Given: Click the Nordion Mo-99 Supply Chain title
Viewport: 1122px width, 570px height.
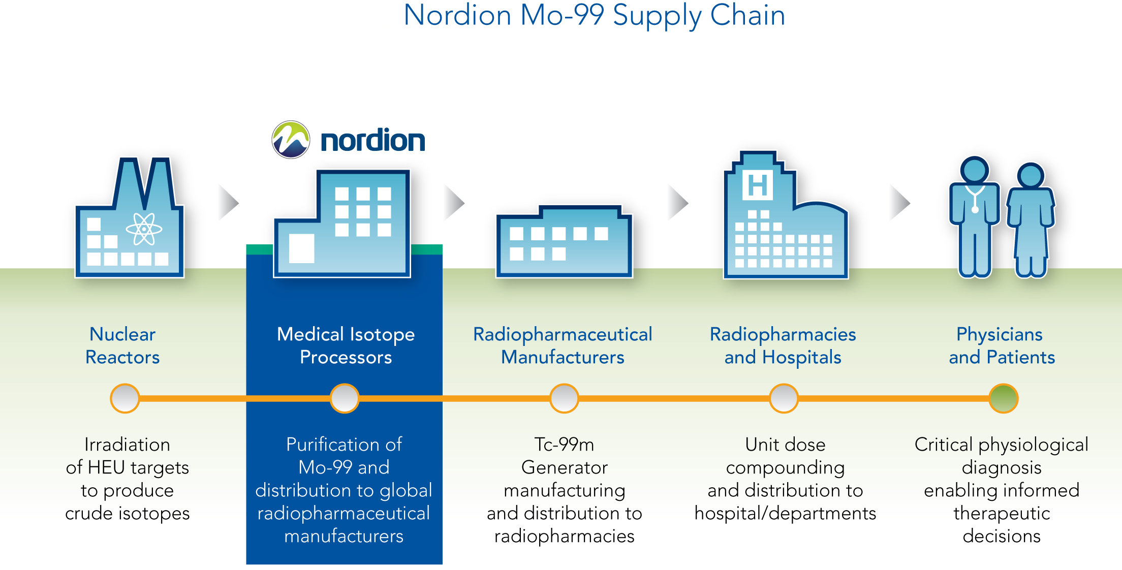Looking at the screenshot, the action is tap(594, 16).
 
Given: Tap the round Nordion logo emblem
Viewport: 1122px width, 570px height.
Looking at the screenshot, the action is tap(291, 140).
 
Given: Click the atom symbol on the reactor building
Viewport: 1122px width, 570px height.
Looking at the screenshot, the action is tap(144, 229).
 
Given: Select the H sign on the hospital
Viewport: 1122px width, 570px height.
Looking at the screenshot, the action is tap(758, 185).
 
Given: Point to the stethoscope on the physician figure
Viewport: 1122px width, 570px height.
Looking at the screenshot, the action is tap(975, 198).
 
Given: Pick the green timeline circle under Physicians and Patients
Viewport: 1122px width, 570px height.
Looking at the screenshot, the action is tap(1003, 398).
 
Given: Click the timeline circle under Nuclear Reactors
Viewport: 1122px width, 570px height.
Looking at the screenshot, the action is tap(125, 398).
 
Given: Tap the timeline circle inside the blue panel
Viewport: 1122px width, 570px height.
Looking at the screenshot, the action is tap(345, 398).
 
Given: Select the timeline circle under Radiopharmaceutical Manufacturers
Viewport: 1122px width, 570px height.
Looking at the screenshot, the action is tap(564, 398).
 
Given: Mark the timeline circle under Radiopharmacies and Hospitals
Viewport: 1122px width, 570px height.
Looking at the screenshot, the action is tap(784, 398).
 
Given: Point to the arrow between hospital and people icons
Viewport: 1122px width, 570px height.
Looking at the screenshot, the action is tap(900, 202).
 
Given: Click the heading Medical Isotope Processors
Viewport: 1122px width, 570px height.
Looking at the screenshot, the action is tap(346, 345).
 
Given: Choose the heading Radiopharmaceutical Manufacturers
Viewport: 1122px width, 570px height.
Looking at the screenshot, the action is tap(563, 345).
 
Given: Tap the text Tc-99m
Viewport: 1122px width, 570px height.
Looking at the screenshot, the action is tap(564, 445).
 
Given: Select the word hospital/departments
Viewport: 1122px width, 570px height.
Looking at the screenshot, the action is tap(785, 514).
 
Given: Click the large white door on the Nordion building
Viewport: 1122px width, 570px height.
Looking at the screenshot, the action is tap(301, 248).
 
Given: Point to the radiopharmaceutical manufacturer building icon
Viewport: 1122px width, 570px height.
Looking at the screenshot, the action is tap(564, 241).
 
